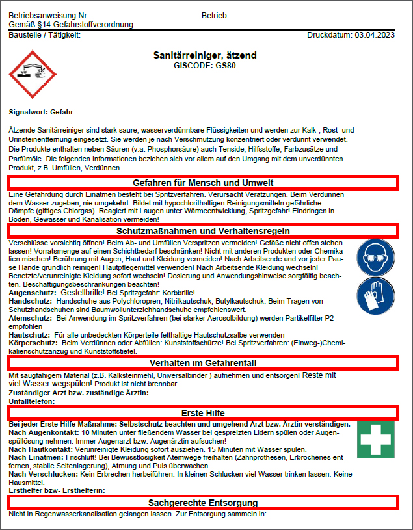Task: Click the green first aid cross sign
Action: point(375,438)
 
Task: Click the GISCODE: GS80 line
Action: point(205,66)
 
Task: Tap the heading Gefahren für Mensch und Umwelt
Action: point(203,183)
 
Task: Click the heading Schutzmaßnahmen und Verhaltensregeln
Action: point(203,231)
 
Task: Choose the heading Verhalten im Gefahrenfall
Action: point(203,362)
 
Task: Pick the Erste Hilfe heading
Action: point(203,413)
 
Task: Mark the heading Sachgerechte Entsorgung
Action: point(203,503)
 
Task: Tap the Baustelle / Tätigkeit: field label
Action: point(45,34)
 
